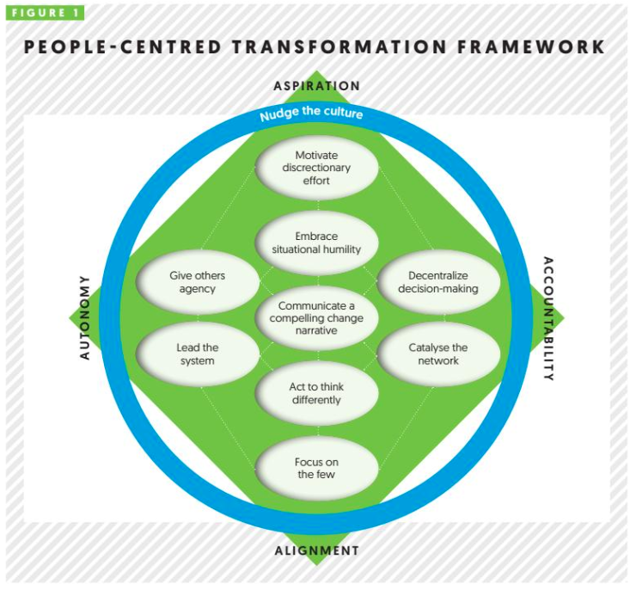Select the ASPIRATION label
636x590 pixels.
[x=316, y=86]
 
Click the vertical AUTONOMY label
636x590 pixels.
[x=85, y=317]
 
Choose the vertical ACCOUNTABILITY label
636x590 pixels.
[x=547, y=318]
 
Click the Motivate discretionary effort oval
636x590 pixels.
[x=317, y=169]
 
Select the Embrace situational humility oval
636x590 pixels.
[x=317, y=243]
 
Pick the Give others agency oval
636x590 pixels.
[x=199, y=283]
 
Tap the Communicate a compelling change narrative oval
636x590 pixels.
[x=317, y=318]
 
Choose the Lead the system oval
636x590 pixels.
[x=199, y=353]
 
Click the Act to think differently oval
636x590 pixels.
[x=317, y=393]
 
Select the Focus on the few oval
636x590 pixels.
[x=317, y=468]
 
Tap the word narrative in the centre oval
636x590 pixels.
[x=317, y=331]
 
